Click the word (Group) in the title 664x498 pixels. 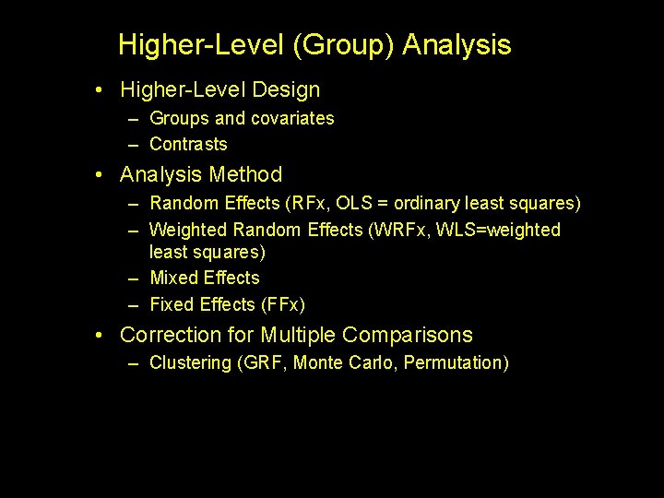point(351,45)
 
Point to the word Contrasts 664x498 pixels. point(188,144)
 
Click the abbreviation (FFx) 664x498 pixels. point(283,304)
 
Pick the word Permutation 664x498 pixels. point(457,362)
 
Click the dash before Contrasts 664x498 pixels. point(135,145)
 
